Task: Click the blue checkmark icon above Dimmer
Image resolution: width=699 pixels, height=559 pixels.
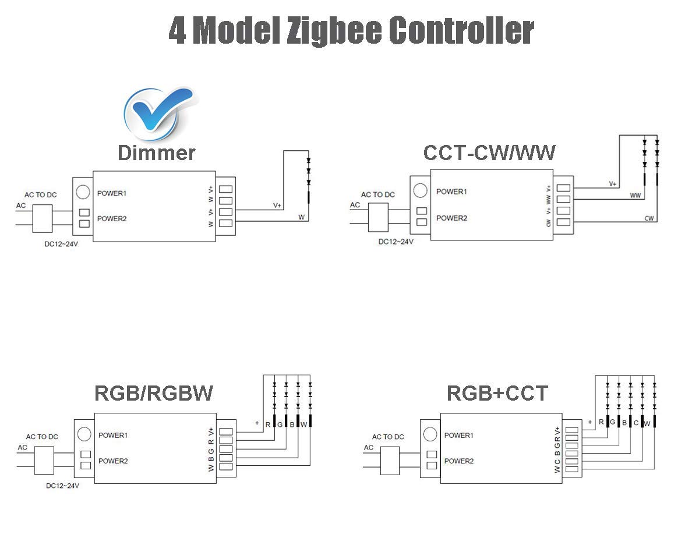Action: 157,112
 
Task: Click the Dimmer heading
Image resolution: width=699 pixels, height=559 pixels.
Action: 156,153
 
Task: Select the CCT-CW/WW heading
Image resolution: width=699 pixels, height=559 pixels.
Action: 489,153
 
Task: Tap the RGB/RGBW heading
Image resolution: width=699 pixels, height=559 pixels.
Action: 154,394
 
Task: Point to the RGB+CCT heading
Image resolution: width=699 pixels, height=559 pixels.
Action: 497,394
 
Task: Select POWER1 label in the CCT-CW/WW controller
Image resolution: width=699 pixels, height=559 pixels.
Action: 451,192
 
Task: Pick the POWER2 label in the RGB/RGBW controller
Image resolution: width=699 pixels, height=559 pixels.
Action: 113,461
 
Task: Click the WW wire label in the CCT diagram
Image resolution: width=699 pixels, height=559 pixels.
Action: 636,196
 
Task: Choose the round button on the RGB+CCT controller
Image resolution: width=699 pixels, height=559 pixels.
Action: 430,434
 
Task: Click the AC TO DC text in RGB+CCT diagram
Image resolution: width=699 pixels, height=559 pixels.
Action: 388,437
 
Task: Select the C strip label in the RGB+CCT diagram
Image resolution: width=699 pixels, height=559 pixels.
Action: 636,423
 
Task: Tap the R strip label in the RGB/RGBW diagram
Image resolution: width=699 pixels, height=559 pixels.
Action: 268,424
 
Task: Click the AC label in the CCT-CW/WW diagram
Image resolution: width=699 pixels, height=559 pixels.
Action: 355,204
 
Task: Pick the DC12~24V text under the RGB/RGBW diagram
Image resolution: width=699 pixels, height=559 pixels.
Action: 62,486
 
